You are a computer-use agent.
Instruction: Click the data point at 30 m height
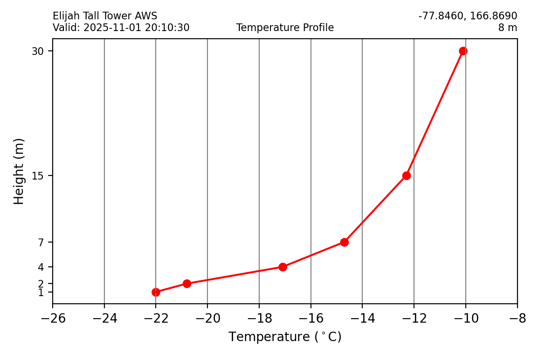(x=463, y=51)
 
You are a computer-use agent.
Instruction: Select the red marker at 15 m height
(x=406, y=175)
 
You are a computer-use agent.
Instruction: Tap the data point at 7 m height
(x=344, y=242)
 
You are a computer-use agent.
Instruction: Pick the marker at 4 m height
(x=283, y=267)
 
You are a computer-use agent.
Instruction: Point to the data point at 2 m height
(x=187, y=283)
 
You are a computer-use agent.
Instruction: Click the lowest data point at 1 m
(x=156, y=292)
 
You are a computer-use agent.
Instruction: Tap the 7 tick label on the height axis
(x=41, y=243)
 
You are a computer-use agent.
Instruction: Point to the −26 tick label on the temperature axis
(x=53, y=319)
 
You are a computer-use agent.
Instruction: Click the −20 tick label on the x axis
(x=207, y=319)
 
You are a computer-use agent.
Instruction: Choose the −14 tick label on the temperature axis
(x=362, y=319)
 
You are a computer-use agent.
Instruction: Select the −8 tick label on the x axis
(x=517, y=319)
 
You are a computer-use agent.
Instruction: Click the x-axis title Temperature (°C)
(x=285, y=337)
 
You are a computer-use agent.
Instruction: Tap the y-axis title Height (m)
(x=18, y=171)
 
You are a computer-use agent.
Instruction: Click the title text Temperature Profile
(x=285, y=28)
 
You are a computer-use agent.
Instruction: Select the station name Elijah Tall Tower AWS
(x=105, y=17)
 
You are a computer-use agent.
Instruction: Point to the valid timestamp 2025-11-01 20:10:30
(x=136, y=28)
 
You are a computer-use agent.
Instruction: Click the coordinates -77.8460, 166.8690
(x=468, y=17)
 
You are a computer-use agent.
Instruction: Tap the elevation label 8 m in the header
(x=507, y=28)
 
